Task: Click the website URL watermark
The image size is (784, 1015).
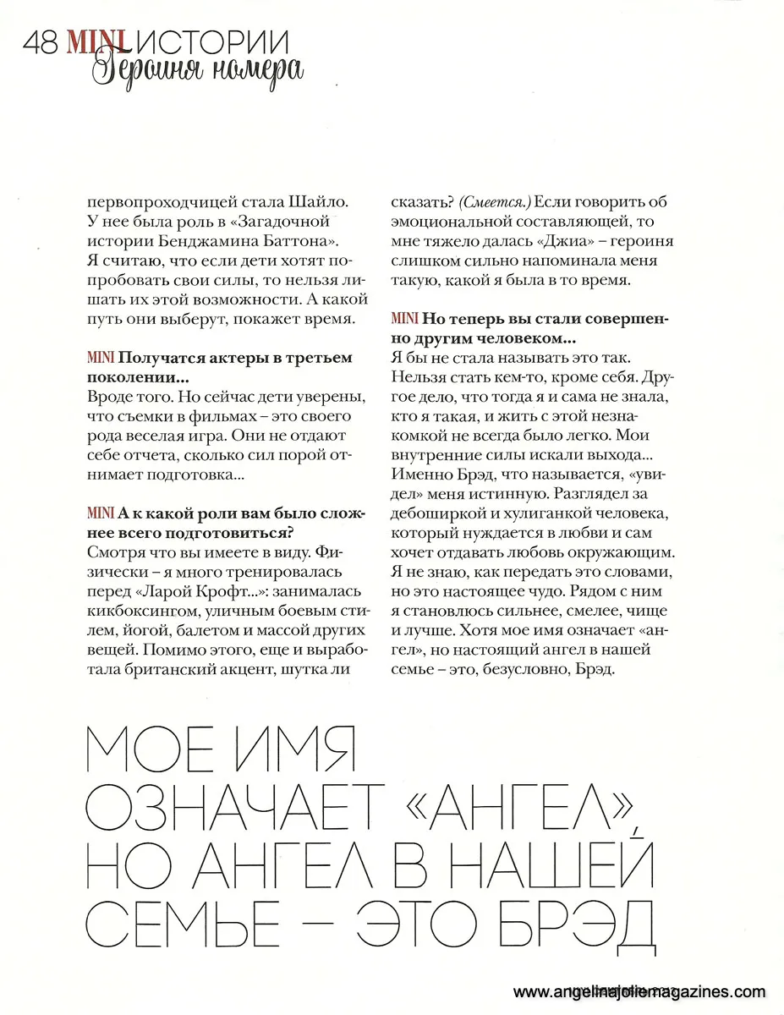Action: coord(639,992)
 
